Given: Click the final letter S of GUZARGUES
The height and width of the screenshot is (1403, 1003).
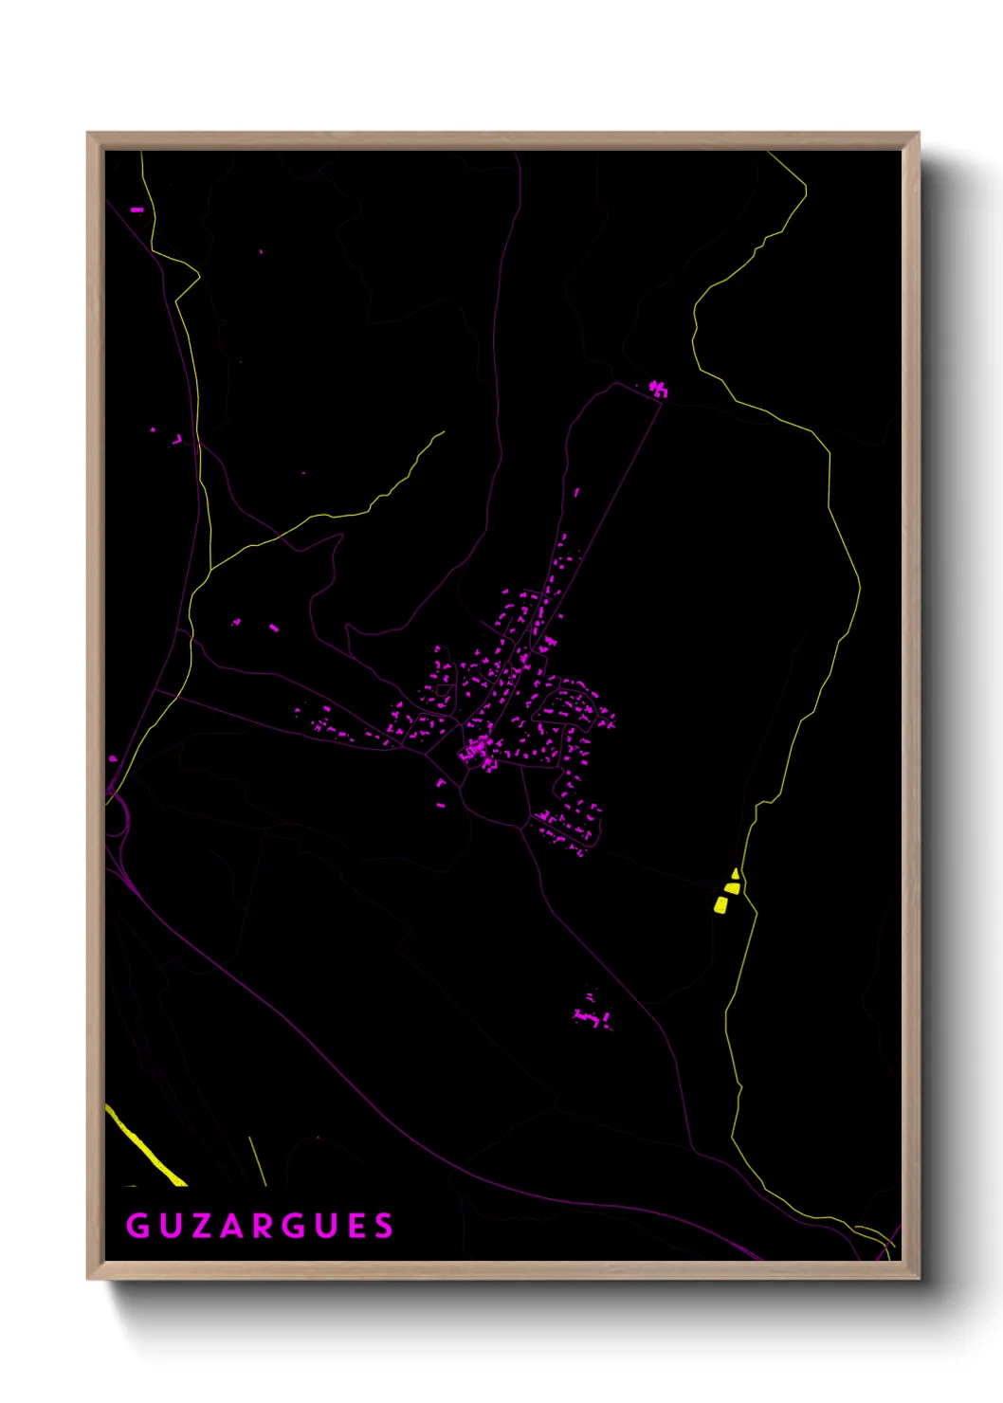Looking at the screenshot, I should [384, 1226].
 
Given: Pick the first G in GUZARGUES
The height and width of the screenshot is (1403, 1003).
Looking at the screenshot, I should [137, 1226].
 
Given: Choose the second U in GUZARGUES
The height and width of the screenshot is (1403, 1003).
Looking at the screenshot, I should [323, 1226].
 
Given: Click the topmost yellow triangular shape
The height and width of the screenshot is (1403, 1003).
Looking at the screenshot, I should [736, 873].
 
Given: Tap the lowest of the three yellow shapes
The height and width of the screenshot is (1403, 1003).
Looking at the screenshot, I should [720, 905].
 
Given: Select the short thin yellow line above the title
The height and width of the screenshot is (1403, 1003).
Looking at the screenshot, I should [257, 1161].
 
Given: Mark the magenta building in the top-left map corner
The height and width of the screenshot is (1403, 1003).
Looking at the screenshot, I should [137, 210].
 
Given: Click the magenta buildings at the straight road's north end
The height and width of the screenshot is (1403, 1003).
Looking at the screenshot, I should [658, 389].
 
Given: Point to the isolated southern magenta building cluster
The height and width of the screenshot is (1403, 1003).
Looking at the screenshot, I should [593, 1017].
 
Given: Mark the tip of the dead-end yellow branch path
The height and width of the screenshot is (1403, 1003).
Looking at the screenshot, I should [444, 432].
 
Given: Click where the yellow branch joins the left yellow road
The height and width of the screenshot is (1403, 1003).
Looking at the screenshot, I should [210, 569].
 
